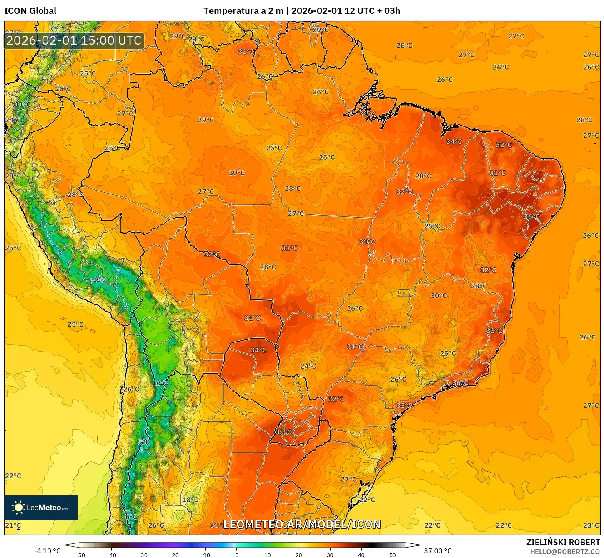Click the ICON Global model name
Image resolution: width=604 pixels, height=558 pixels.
click(x=30, y=11)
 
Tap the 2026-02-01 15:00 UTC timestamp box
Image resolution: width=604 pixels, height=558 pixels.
click(x=74, y=40)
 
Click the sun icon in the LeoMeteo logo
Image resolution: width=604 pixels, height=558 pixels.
click(x=18, y=508)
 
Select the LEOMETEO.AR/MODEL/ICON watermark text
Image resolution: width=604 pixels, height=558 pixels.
click(x=302, y=524)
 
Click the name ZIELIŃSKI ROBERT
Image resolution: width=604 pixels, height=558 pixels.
click(x=563, y=542)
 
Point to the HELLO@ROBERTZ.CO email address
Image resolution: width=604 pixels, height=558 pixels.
click(x=565, y=552)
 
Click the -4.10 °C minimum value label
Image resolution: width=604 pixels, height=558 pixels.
click(x=47, y=551)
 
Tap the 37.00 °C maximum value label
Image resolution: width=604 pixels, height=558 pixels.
click(x=438, y=551)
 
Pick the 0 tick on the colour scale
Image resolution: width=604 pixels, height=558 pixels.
click(x=236, y=555)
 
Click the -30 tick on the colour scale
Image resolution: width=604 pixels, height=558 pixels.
click(x=143, y=555)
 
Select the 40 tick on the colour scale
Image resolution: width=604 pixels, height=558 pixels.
click(x=361, y=555)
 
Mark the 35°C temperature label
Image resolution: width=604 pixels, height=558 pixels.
click(x=283, y=432)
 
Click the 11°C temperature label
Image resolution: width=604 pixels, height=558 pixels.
click(x=23, y=104)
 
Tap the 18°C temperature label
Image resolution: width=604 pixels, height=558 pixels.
click(x=190, y=500)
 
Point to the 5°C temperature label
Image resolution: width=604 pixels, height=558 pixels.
click(x=144, y=442)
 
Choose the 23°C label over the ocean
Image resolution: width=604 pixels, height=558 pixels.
click(x=591, y=525)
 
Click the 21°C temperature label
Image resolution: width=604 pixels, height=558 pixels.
click(x=13, y=525)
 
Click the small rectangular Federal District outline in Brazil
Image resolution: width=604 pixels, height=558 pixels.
click(x=404, y=293)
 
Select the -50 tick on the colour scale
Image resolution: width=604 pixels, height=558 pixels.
click(x=80, y=555)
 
